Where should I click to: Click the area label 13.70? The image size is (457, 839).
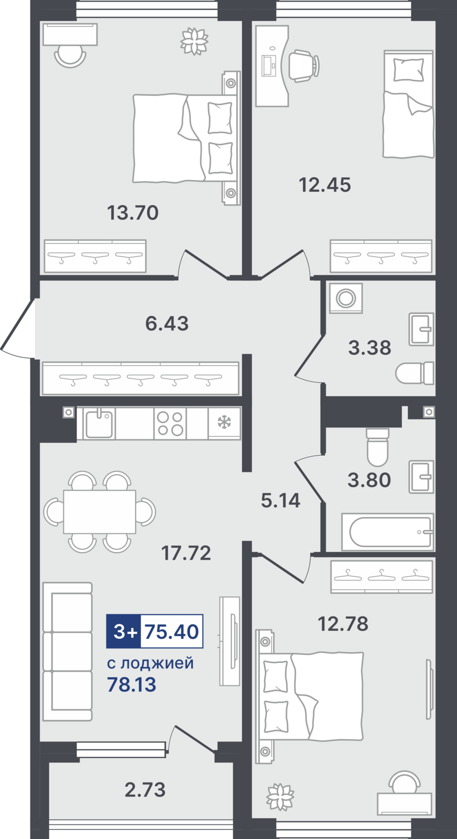pyautogui.click(x=133, y=212)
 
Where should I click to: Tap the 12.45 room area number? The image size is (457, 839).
pyautogui.click(x=325, y=185)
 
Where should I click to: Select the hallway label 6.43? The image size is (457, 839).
pyautogui.click(x=167, y=324)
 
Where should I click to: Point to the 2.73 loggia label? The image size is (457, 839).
pyautogui.click(x=145, y=790)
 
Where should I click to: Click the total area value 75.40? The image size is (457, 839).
pyautogui.click(x=172, y=631)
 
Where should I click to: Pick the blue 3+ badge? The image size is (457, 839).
pyautogui.click(x=124, y=631)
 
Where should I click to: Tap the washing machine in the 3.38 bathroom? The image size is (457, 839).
pyautogui.click(x=346, y=298)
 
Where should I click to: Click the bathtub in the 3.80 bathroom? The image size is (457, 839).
pyautogui.click(x=388, y=532)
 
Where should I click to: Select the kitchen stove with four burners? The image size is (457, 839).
pyautogui.click(x=170, y=423)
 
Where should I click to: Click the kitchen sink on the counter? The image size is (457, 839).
pyautogui.click(x=99, y=423)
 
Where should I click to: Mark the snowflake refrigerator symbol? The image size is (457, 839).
pyautogui.click(x=225, y=423)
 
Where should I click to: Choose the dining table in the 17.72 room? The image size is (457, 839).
pyautogui.click(x=100, y=512)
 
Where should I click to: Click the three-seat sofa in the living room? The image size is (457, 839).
pyautogui.click(x=68, y=651)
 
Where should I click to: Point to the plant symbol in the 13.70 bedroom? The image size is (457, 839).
pyautogui.click(x=194, y=40)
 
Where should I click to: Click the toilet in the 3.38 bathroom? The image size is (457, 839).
pyautogui.click(x=415, y=373)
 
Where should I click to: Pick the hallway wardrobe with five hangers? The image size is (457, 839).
pyautogui.click(x=140, y=378)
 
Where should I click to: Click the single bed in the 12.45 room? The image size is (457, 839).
pyautogui.click(x=408, y=104)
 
